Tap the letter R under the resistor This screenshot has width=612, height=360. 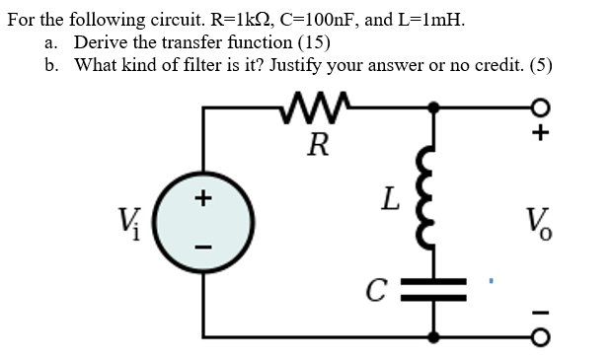[317, 147]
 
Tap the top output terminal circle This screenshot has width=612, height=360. [539, 107]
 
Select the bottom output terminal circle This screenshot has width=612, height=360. [539, 338]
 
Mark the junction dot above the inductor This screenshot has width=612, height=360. [431, 107]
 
